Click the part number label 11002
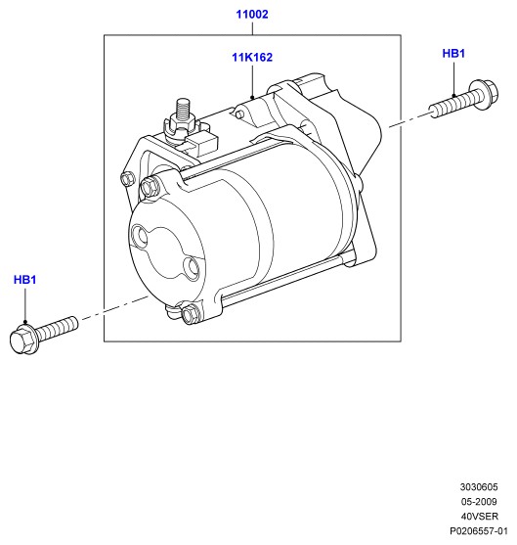252,15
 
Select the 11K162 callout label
252,58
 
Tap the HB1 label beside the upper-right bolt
453,54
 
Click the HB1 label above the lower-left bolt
24,280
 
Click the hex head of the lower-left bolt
22,339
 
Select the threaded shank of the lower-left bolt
57,329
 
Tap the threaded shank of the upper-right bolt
454,104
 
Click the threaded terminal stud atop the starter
183,110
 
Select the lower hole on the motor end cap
192,268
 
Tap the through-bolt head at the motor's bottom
191,313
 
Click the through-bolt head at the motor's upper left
150,188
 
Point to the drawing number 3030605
479,487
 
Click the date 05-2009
479,502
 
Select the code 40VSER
480,517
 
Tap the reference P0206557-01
479,531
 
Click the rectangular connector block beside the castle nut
202,143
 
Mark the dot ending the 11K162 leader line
252,97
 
